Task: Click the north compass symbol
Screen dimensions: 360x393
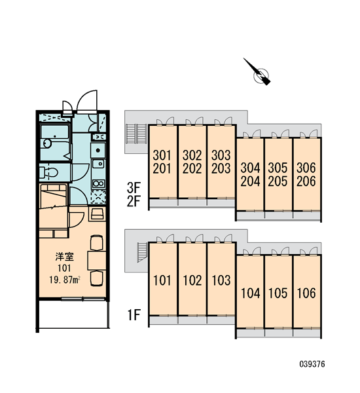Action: point(260,74)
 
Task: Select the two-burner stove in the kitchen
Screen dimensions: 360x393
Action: point(98,183)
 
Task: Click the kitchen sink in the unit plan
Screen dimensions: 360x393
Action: point(98,164)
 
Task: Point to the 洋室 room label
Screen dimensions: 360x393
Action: point(64,257)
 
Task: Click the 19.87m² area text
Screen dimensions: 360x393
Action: point(65,280)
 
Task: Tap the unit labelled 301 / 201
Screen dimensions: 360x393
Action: point(163,162)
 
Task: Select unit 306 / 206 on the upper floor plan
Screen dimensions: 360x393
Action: point(307,174)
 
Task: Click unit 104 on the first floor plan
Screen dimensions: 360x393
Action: point(250,291)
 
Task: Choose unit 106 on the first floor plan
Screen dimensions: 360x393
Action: point(307,291)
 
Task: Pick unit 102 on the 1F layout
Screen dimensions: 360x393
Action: point(192,279)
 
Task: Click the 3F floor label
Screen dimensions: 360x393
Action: point(134,187)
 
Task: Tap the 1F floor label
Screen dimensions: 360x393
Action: point(134,315)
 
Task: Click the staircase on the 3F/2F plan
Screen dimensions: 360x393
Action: point(137,134)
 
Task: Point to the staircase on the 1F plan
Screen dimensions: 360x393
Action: point(142,252)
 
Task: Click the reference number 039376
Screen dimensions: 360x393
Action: point(312,364)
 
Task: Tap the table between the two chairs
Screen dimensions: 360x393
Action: point(96,261)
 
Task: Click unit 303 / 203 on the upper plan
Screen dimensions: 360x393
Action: point(221,162)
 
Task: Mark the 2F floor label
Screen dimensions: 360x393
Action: point(134,201)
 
